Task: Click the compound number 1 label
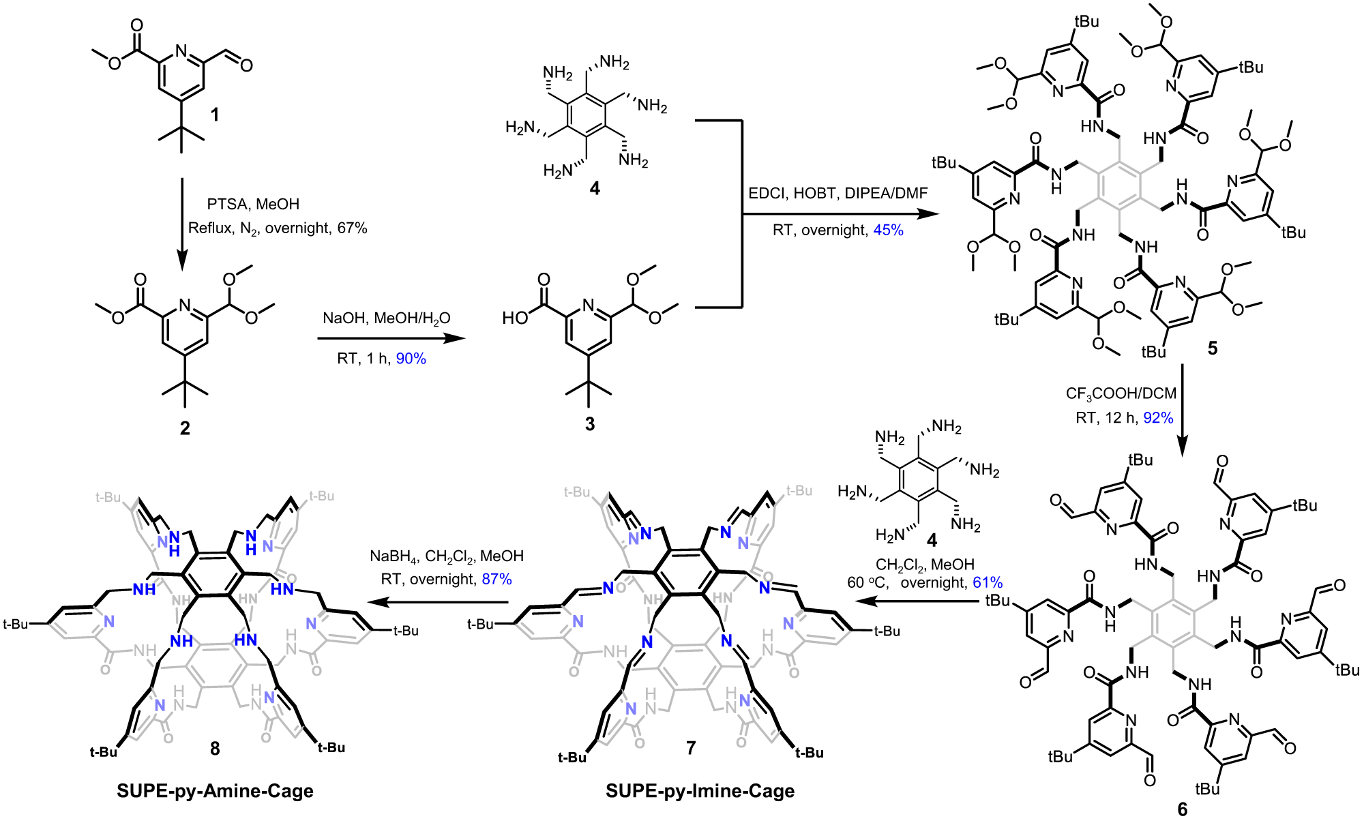click(x=215, y=114)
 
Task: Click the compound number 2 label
click(x=185, y=428)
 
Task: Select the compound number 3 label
click(x=590, y=424)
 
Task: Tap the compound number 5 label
click(x=1212, y=348)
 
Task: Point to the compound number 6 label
click(x=1182, y=809)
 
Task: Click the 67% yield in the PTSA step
click(x=352, y=228)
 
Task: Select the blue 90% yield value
click(x=411, y=359)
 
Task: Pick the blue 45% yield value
click(x=888, y=230)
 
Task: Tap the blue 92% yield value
click(x=1158, y=418)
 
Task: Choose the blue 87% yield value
click(x=496, y=580)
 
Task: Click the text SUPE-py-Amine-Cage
click(x=215, y=791)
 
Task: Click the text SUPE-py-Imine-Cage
click(x=700, y=791)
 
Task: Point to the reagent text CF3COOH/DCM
click(x=1121, y=394)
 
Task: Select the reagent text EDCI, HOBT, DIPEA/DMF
click(x=837, y=194)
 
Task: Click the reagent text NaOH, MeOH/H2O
click(x=386, y=318)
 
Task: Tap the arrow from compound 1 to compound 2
click(x=182, y=225)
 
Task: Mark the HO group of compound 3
click(x=515, y=318)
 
